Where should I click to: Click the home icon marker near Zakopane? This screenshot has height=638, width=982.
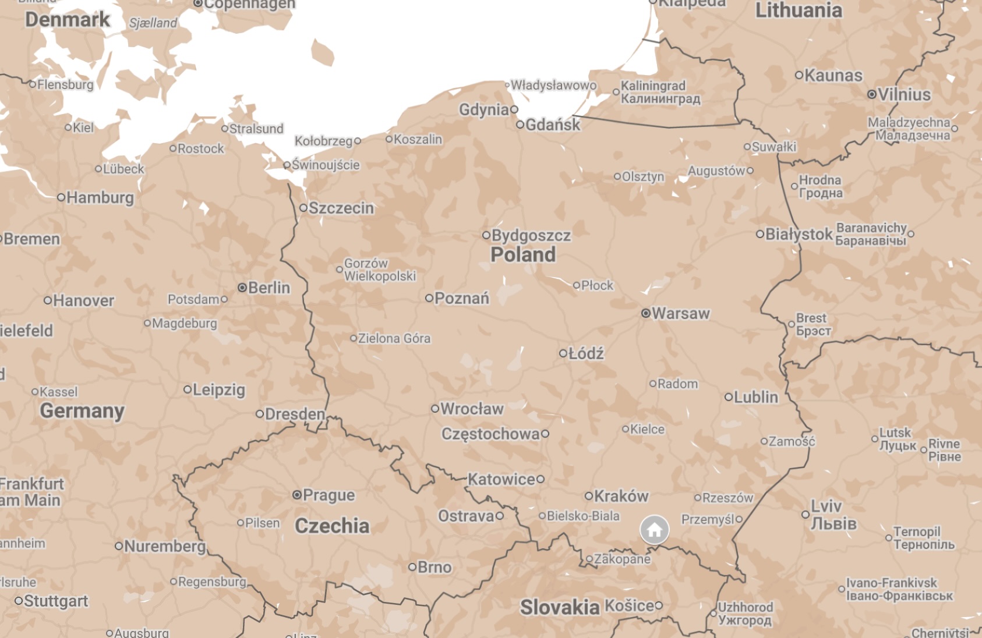click(654, 530)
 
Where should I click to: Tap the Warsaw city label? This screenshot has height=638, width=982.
click(680, 313)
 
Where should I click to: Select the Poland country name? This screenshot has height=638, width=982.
click(522, 254)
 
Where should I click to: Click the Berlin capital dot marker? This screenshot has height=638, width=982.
click(242, 288)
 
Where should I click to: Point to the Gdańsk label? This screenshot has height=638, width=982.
click(552, 125)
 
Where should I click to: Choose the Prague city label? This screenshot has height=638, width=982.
click(328, 495)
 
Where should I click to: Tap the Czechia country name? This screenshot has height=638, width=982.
click(332, 526)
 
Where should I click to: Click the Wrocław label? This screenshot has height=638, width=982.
click(471, 409)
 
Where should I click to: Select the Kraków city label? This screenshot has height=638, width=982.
click(621, 496)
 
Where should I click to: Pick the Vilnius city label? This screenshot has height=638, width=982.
click(904, 94)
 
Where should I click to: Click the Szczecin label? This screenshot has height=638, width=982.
click(341, 208)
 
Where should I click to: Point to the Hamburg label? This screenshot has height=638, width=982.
click(100, 197)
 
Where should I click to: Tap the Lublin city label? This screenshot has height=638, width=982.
click(755, 397)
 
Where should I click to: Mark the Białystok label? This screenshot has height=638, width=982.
click(799, 234)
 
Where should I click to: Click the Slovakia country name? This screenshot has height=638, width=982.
click(559, 607)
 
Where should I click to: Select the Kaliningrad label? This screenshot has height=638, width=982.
click(653, 86)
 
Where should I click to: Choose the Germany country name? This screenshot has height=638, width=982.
click(82, 410)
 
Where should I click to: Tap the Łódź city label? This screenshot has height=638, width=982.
click(585, 353)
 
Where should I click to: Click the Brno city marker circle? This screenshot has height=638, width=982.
click(412, 567)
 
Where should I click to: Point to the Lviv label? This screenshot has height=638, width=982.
click(826, 506)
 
